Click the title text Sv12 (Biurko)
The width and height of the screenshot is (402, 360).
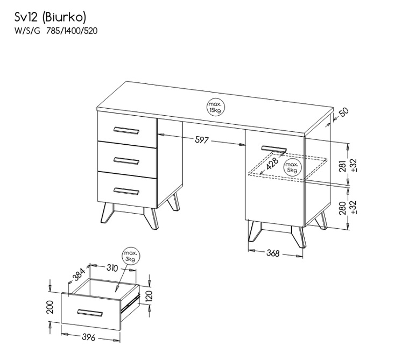(x=50, y=17)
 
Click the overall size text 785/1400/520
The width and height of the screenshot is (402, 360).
(x=72, y=31)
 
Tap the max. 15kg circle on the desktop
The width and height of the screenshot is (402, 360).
(x=216, y=107)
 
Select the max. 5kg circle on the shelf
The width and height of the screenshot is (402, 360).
(x=293, y=167)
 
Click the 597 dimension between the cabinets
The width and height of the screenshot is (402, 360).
(x=202, y=140)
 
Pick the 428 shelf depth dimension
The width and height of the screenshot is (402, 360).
(x=272, y=164)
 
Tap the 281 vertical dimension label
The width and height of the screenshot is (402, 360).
(x=343, y=166)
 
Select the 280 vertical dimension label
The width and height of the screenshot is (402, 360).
(x=343, y=208)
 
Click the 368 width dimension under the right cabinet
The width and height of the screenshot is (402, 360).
(x=273, y=253)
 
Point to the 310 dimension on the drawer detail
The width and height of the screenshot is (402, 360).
(x=112, y=268)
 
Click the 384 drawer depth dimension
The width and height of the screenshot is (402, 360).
(x=79, y=274)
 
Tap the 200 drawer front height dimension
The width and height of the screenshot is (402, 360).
(x=50, y=307)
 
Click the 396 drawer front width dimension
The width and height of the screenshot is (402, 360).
(x=89, y=337)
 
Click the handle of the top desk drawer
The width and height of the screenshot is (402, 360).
(x=126, y=130)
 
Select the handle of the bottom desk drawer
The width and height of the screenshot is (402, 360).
(x=126, y=191)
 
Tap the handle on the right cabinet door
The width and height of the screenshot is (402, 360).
(x=274, y=149)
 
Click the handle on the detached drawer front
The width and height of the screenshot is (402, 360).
(x=90, y=313)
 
